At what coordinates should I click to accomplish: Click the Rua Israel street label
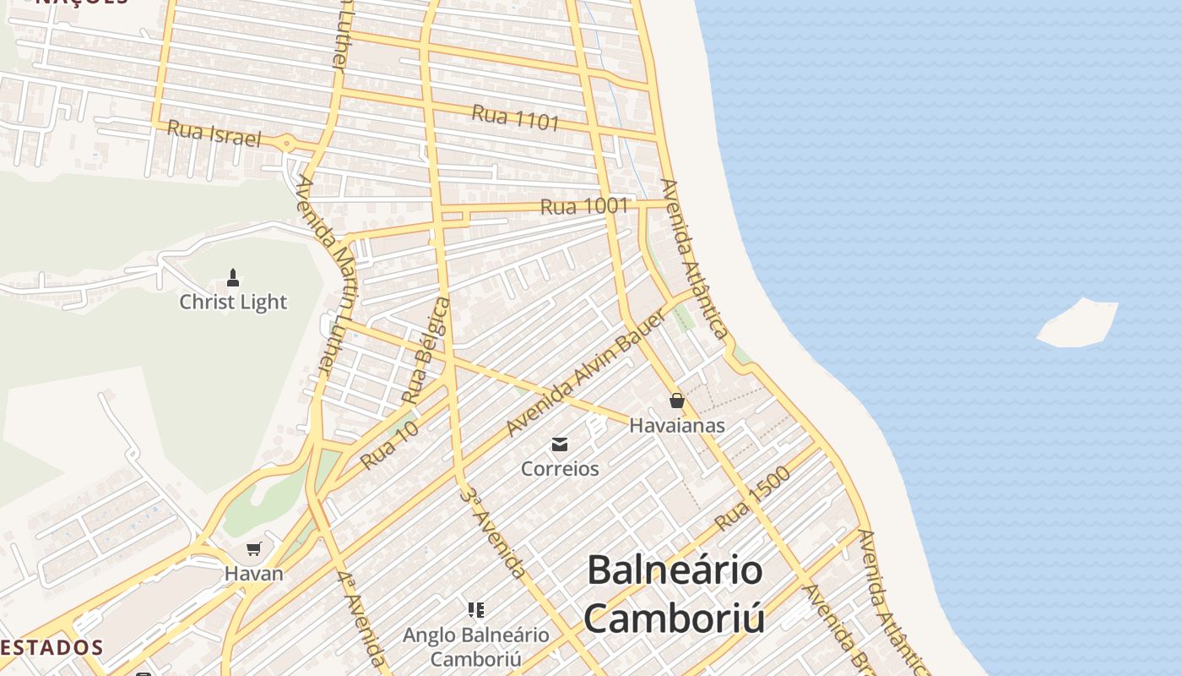[214, 134]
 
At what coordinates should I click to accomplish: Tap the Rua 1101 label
[515, 117]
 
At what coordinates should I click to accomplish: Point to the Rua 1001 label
[584, 206]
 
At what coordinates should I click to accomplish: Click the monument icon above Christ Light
[233, 277]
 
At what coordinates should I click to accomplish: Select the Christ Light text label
[233, 302]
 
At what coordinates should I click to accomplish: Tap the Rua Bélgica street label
[426, 349]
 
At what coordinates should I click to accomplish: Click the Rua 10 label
[389, 445]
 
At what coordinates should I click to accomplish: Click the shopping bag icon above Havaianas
[676, 401]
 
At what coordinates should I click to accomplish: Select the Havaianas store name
[676, 425]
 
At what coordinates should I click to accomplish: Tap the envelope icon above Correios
[559, 444]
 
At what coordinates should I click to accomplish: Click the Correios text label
[560, 468]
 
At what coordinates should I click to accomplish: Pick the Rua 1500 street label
[753, 499]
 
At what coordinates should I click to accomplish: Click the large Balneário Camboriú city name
[675, 594]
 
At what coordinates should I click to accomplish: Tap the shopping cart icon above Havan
[253, 549]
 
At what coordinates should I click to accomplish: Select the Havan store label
[253, 573]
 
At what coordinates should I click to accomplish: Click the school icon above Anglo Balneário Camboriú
[475, 609]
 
